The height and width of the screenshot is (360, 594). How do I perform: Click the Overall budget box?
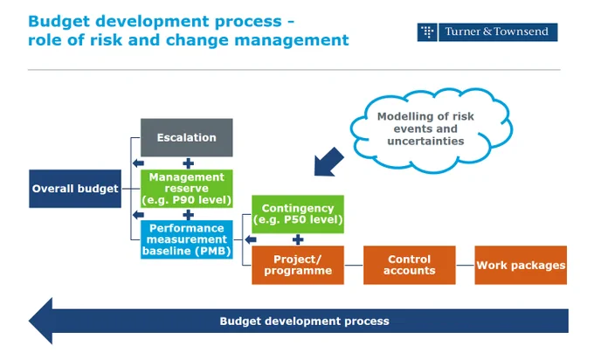tap(75, 189)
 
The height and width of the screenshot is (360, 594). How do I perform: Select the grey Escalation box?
tap(187, 137)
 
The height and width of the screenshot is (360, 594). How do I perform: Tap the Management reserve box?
tap(187, 189)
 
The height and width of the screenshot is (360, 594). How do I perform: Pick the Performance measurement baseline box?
tap(187, 239)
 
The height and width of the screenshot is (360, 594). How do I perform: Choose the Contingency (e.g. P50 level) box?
tap(298, 214)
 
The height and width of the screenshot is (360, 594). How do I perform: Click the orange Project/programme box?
tap(298, 265)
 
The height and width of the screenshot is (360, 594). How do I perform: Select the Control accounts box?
tap(410, 265)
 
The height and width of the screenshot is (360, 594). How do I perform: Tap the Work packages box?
tap(521, 265)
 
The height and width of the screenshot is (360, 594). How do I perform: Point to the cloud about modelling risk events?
tap(432, 130)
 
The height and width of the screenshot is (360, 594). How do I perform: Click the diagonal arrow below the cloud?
tap(328, 163)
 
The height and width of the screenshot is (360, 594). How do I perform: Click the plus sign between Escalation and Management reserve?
tap(189, 163)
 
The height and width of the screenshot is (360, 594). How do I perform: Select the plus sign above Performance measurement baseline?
tap(189, 215)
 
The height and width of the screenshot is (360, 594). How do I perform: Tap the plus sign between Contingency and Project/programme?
tap(298, 239)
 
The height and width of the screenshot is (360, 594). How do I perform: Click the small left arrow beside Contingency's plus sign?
tap(251, 239)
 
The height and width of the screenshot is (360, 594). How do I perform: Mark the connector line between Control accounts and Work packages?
tap(466, 266)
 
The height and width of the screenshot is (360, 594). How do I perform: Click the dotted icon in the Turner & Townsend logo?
tap(427, 31)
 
